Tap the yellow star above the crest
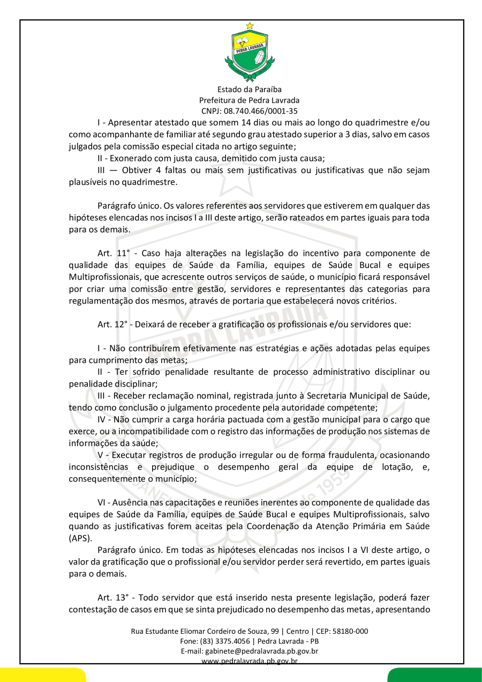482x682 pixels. (250, 25)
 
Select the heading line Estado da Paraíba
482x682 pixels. (250, 90)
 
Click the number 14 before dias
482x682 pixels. (234, 123)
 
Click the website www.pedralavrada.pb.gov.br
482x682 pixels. (250, 661)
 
